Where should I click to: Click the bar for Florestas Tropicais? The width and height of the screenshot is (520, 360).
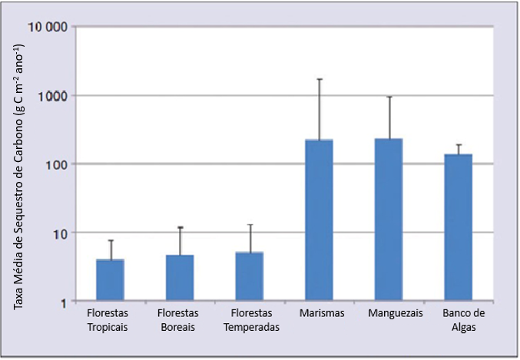coord(110,280)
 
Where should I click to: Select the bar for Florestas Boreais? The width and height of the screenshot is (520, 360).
coord(180,278)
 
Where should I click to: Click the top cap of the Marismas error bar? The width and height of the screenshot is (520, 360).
coord(319,79)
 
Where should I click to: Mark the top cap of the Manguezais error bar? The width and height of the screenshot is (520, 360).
coord(389,97)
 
